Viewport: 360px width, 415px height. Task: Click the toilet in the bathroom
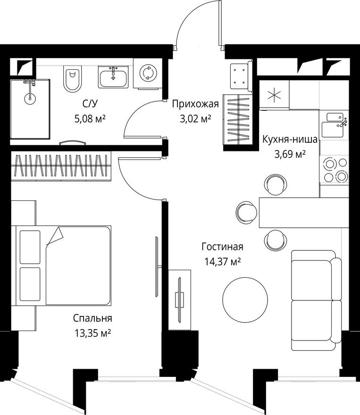tap(73, 78)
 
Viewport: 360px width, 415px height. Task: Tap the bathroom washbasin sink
tap(113, 76)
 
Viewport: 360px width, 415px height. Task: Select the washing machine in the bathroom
tap(148, 73)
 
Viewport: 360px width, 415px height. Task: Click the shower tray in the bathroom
tap(29, 109)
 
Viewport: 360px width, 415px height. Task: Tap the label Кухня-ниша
tap(290, 139)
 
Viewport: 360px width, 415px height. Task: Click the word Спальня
tap(92, 318)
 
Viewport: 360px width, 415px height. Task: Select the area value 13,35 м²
tap(92, 333)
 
